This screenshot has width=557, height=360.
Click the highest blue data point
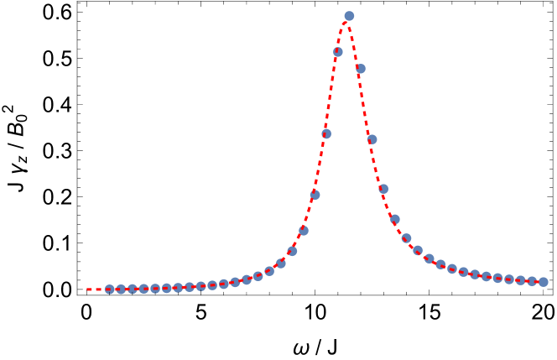(349, 15)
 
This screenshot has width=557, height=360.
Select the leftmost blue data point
(109, 290)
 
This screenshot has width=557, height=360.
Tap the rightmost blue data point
(543, 282)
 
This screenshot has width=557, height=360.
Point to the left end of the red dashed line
(87, 290)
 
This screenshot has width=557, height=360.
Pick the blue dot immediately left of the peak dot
(338, 52)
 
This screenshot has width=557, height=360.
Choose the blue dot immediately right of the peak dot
(361, 69)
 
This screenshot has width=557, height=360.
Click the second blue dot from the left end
(121, 290)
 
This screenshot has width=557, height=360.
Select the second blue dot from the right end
(532, 281)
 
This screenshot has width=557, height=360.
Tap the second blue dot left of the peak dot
(326, 133)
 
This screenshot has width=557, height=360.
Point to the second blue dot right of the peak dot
(372, 139)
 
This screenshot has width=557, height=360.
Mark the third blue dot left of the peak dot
(315, 195)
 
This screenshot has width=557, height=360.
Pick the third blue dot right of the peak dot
(383, 189)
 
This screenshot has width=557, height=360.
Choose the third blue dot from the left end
(132, 289)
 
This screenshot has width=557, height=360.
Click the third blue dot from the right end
(520, 280)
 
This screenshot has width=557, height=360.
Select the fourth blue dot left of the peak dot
(304, 230)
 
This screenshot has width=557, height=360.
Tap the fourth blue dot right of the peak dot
(394, 220)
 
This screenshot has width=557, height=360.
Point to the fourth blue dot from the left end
(143, 289)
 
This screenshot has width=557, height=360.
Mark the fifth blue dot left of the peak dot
(292, 250)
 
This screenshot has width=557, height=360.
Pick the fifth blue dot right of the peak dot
(406, 238)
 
